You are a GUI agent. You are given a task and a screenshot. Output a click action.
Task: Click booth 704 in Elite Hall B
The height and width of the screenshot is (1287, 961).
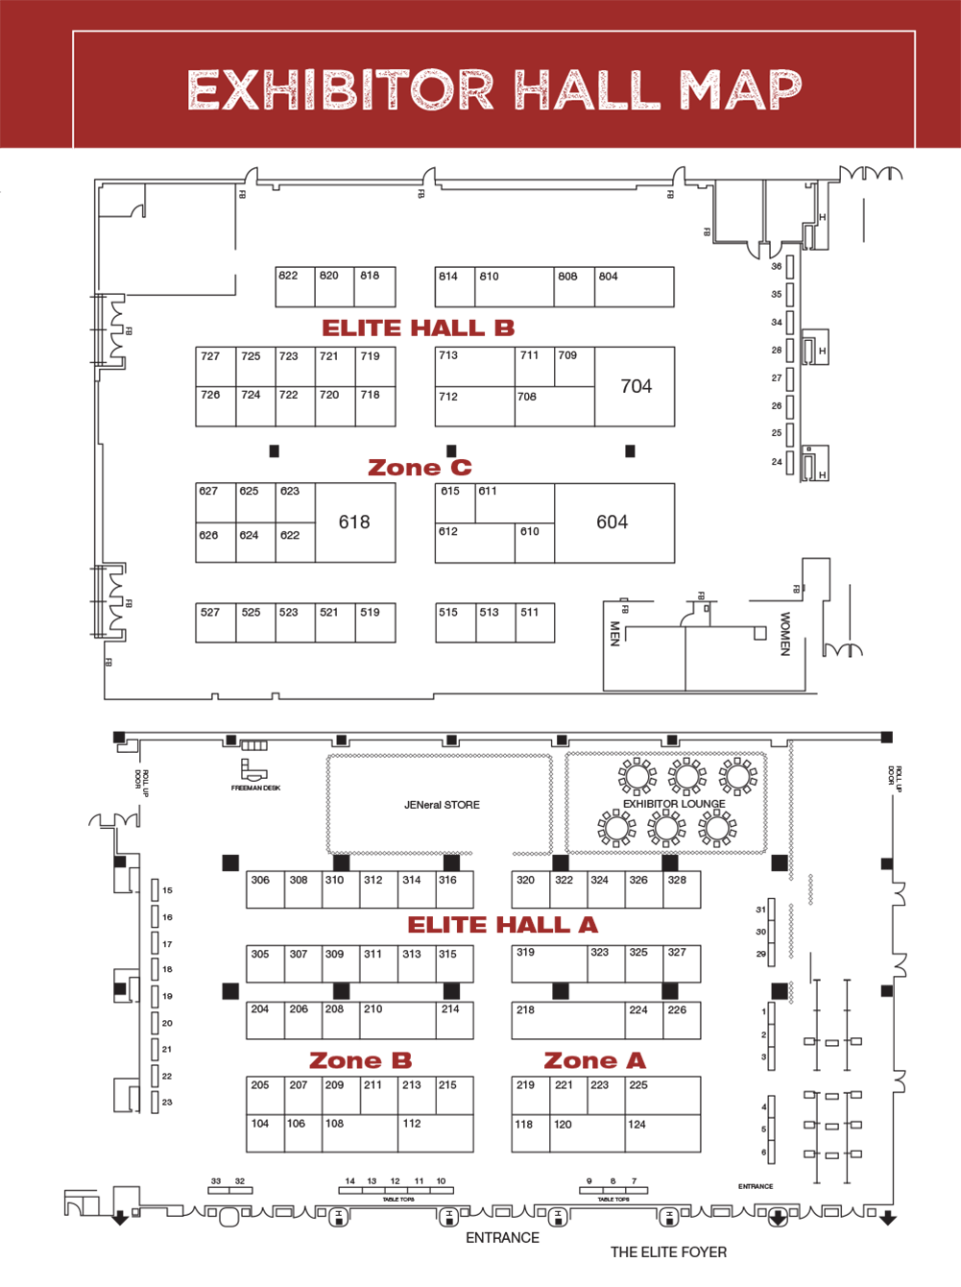tap(636, 386)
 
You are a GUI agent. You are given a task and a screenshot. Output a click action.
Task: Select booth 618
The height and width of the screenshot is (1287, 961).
tap(354, 522)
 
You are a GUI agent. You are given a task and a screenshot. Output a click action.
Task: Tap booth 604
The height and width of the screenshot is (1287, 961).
tap(613, 522)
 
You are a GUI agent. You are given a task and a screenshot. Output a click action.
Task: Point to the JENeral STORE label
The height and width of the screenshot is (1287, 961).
tap(442, 805)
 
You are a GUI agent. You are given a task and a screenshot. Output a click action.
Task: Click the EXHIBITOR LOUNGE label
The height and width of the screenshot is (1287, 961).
tap(674, 804)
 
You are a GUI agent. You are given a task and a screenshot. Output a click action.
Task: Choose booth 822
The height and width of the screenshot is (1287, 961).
tap(295, 287)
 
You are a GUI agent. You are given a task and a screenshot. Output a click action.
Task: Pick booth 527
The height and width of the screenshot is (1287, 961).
tap(215, 622)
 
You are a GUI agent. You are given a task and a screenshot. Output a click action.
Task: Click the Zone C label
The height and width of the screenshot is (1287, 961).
tap(420, 468)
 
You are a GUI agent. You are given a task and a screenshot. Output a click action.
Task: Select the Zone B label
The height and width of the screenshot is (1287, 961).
tap(360, 1060)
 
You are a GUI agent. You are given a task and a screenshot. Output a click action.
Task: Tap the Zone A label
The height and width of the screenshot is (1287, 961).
tap(594, 1060)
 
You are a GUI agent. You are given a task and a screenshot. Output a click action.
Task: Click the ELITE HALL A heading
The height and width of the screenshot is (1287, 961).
tap(502, 925)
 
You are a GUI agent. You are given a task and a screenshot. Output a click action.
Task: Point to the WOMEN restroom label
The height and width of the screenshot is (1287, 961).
tap(785, 634)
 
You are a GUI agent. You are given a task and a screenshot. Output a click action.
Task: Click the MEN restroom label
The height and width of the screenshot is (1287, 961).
tap(615, 634)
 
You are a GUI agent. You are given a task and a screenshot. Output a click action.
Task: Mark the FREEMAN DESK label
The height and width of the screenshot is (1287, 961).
tap(255, 788)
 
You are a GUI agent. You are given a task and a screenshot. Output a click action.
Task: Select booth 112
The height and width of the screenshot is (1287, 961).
tap(435, 1133)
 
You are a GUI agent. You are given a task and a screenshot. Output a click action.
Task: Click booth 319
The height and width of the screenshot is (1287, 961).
tap(549, 963)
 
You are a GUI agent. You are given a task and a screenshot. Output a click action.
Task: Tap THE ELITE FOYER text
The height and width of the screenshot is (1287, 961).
tap(668, 1252)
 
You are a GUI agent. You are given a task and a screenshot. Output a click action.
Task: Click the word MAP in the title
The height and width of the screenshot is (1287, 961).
tap(740, 89)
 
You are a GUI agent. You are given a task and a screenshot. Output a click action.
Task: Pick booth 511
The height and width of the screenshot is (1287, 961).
tap(535, 622)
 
